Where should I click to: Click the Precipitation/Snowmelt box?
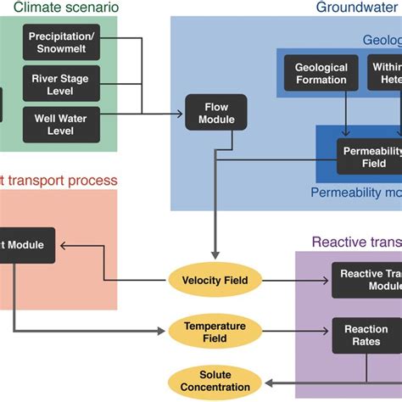point(62,43)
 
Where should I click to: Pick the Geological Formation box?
point(321,74)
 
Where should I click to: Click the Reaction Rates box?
point(366,335)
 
